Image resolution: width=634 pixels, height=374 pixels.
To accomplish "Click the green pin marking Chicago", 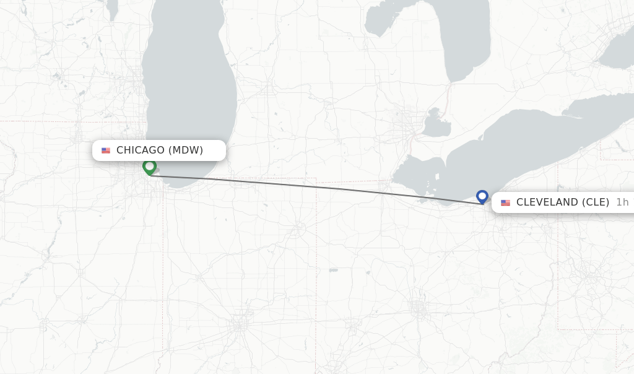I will click(x=149, y=167).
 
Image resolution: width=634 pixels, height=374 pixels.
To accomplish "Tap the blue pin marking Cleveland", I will click(x=482, y=196).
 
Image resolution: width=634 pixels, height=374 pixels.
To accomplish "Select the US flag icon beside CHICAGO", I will click(x=106, y=150).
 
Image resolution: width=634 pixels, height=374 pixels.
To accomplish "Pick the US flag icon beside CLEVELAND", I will click(x=506, y=202).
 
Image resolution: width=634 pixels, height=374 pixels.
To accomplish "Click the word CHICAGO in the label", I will click(x=141, y=150).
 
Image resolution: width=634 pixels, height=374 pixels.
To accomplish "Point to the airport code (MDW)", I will click(x=186, y=150).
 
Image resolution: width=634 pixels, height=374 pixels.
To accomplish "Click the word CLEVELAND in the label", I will click(x=546, y=202).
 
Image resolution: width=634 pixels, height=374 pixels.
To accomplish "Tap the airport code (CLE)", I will click(x=595, y=202).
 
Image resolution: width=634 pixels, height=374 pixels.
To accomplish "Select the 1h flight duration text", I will click(x=622, y=202).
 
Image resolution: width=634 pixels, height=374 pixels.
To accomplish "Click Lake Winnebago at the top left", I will click(x=112, y=9).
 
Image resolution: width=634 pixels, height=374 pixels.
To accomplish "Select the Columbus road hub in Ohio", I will click(x=419, y=307).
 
